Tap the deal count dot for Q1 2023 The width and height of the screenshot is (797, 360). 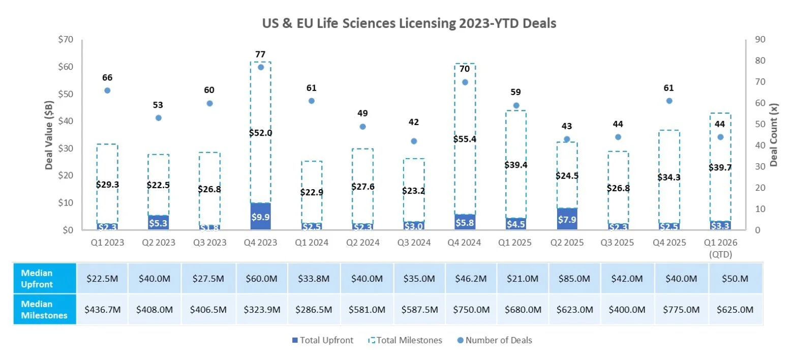pyautogui.click(x=107, y=91)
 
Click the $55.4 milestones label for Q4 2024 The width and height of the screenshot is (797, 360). pyautogui.click(x=465, y=139)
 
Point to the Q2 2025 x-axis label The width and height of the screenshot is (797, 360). pyautogui.click(x=567, y=243)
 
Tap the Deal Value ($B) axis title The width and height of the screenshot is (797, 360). pyautogui.click(x=49, y=135)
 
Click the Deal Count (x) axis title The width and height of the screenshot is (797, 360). pyautogui.click(x=774, y=135)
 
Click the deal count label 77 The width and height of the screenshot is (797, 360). pyautogui.click(x=261, y=54)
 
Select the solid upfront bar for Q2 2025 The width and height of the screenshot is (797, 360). pyautogui.click(x=567, y=219)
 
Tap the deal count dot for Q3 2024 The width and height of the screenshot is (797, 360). pyautogui.click(x=414, y=141)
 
